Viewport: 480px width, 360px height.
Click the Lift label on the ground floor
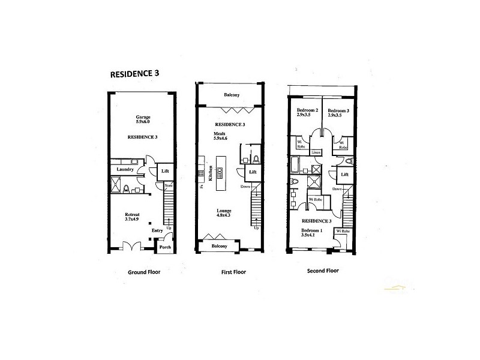tap(166, 172)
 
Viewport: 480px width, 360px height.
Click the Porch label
tap(164, 246)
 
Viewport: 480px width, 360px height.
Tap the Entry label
tap(157, 230)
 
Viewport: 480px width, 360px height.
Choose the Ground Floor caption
tap(143, 271)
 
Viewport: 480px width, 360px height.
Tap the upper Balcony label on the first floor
tap(232, 95)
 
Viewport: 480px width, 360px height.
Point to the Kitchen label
tap(211, 173)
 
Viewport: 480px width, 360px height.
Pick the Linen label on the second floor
tap(316, 152)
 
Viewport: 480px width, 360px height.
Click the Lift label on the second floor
tap(344, 175)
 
